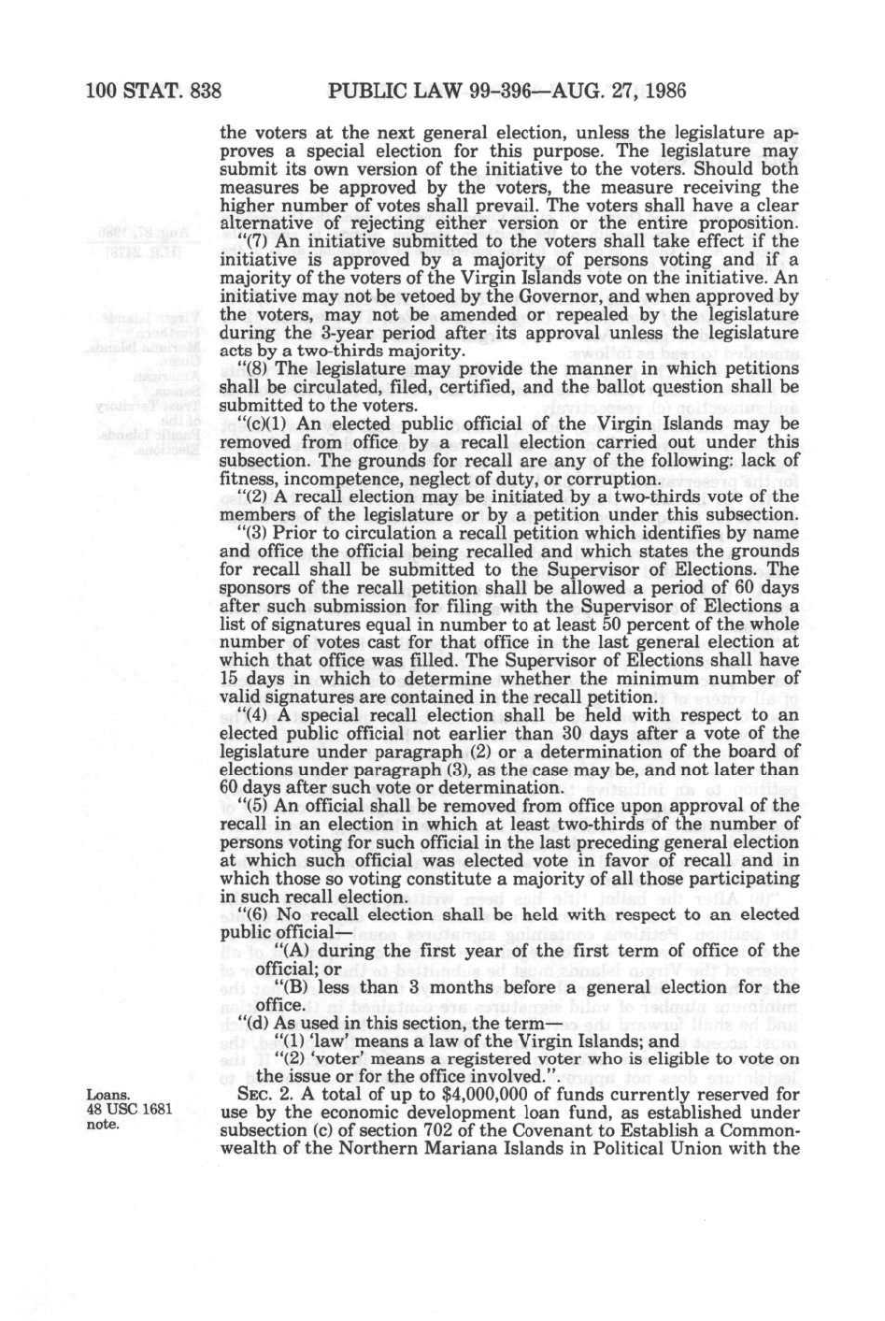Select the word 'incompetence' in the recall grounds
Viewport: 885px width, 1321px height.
[x=330, y=479]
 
